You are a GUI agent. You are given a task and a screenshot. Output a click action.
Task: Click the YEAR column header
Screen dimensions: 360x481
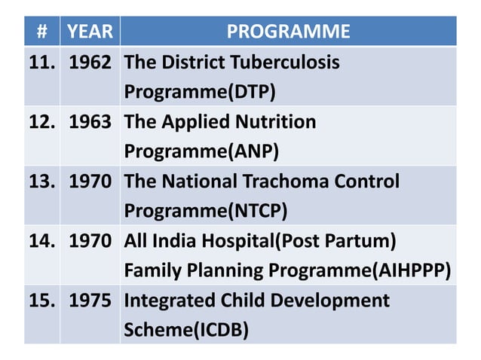(x=90, y=32)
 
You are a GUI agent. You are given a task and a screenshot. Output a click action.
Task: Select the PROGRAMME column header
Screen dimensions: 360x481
(x=288, y=32)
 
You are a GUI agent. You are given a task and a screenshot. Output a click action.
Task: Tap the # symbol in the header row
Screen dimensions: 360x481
(x=42, y=32)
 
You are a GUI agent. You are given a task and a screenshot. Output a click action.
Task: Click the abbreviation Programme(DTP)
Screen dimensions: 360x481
(x=200, y=92)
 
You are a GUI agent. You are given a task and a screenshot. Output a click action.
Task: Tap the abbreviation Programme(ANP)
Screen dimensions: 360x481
(x=201, y=151)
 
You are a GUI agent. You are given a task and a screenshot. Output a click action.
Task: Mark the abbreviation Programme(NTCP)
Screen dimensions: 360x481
(x=205, y=211)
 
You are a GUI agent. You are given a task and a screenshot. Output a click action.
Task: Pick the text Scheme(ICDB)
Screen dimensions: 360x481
(x=186, y=330)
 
